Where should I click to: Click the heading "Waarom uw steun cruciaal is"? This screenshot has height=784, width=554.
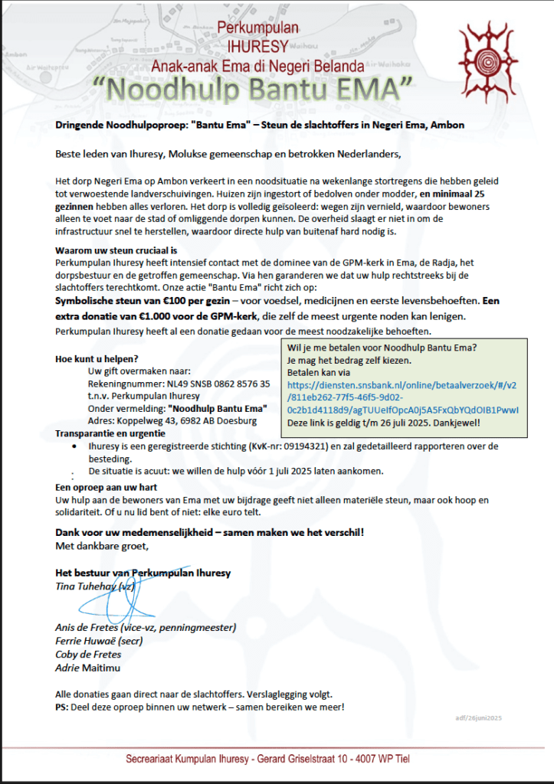pos(116,250)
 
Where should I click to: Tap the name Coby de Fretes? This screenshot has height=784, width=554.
pos(88,654)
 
